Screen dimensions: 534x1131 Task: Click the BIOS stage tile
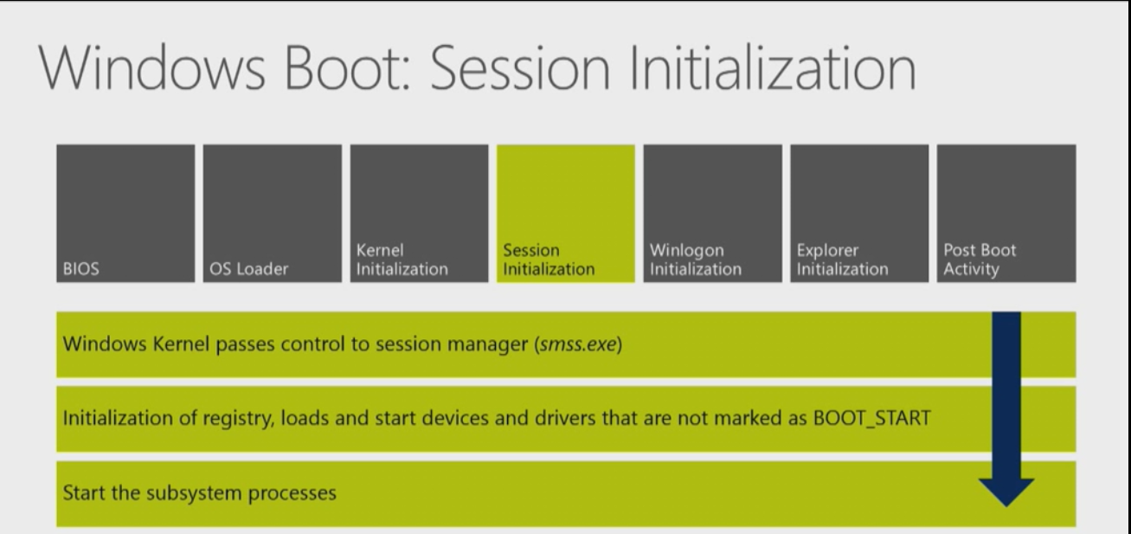click(125, 213)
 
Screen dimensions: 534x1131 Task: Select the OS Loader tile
click(273, 213)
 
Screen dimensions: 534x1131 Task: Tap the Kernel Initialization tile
click(419, 213)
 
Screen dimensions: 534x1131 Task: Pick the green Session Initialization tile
click(565, 213)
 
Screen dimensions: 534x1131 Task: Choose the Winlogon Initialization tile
click(712, 213)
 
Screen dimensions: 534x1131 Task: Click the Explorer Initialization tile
click(859, 213)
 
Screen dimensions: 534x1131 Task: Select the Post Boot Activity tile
click(1006, 213)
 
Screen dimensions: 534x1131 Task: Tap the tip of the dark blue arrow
click(1006, 505)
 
